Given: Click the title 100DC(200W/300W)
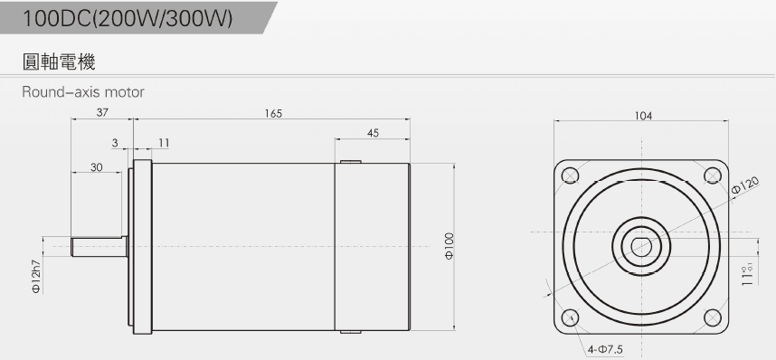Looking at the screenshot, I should coord(128,19).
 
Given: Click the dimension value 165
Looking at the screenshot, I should coord(273,114).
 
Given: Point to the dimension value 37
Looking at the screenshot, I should coord(102,114).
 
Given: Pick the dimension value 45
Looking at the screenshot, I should coord(373,133).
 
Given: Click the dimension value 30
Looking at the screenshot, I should coord(96,167).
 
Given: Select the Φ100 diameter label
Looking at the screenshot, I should coord(449,246).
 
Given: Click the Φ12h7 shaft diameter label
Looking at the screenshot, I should coord(37,277).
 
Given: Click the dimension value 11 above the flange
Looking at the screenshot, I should coord(163,143).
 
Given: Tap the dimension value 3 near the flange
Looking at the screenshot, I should coord(115,143).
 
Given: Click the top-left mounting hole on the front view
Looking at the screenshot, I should coord(571,175).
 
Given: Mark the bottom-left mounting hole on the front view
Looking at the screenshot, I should coord(571,317).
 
